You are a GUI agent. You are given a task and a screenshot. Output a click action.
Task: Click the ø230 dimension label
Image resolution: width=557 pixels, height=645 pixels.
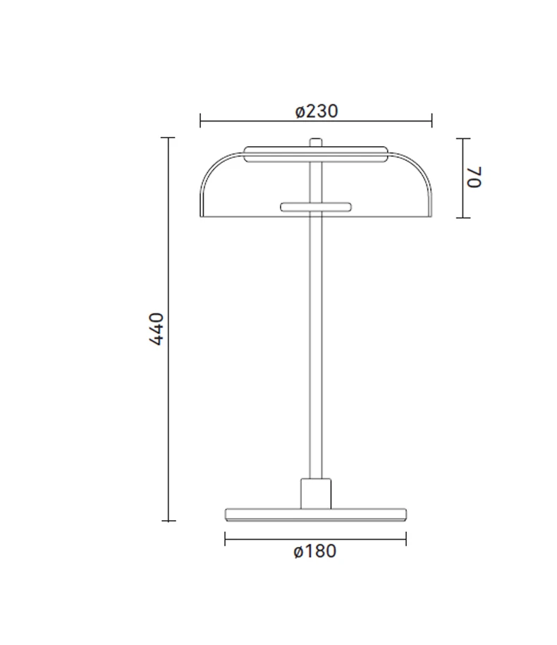(x=317, y=111)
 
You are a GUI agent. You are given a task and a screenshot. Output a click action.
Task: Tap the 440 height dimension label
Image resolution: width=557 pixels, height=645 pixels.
(x=157, y=329)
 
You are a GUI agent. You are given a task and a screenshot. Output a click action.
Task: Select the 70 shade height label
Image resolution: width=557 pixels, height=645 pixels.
(x=474, y=177)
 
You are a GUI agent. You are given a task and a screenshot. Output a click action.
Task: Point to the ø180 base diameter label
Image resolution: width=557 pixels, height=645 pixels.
(x=315, y=551)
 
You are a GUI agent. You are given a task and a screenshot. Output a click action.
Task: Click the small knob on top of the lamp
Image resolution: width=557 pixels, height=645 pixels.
(x=316, y=143)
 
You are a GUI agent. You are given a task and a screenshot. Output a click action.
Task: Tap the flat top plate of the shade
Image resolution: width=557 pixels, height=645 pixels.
(x=316, y=154)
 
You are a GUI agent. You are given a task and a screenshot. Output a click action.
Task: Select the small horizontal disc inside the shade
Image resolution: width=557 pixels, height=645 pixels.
(x=316, y=207)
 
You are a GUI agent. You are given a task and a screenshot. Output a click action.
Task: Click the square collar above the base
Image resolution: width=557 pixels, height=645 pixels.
(x=316, y=493)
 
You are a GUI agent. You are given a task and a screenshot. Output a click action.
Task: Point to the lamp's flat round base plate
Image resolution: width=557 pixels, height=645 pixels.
(x=316, y=514)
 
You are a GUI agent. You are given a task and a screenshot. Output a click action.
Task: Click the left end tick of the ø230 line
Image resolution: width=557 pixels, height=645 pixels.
(x=200, y=121)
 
